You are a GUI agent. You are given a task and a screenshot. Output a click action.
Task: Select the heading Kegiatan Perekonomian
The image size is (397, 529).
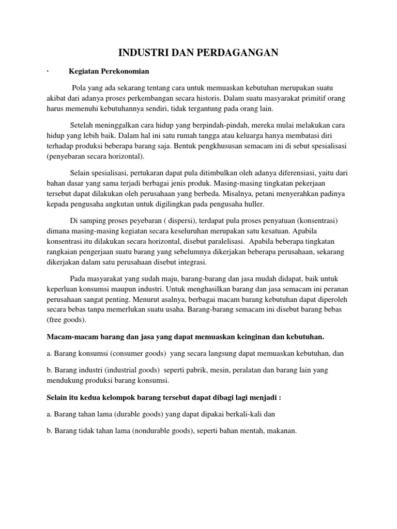point(109,72)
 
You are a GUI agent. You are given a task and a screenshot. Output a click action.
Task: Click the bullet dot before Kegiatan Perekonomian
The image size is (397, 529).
point(47,72)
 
